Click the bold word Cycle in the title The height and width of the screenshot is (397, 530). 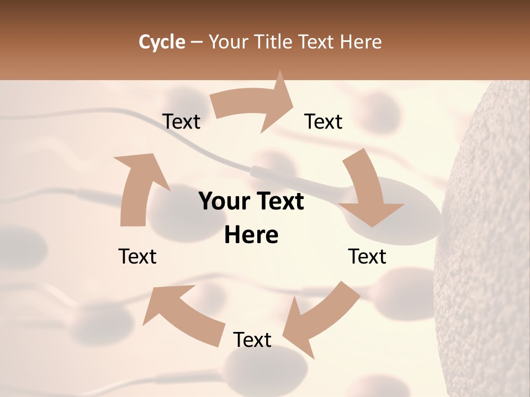tap(162, 42)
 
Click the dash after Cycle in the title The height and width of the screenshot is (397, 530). tap(197, 42)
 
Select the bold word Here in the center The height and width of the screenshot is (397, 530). tap(251, 235)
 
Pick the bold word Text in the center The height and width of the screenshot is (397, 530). tap(278, 202)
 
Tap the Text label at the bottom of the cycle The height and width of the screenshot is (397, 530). tap(252, 340)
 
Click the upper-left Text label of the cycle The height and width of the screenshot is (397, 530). tap(181, 121)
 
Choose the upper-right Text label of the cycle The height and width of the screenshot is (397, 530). tap(324, 121)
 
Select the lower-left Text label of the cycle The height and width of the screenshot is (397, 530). tap(137, 256)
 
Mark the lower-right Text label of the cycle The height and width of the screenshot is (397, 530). tap(367, 256)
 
